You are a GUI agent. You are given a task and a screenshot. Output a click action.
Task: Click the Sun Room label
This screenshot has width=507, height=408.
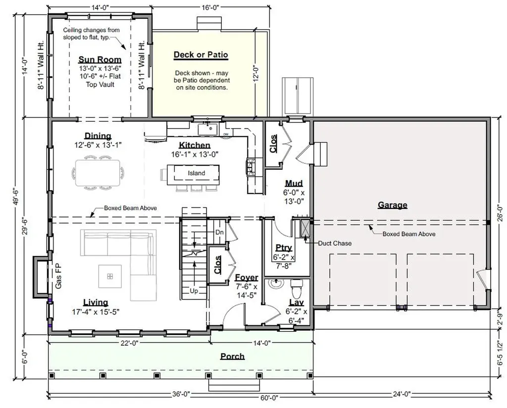coord(100,60)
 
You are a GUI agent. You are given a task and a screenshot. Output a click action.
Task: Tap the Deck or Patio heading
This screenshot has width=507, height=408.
coord(201,54)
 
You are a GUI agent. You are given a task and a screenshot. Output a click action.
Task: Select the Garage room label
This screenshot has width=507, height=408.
coord(393,205)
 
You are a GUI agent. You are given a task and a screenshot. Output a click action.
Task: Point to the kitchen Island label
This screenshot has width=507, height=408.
coord(197,173)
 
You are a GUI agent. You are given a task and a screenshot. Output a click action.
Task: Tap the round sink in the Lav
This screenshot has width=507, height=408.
coord(276,284)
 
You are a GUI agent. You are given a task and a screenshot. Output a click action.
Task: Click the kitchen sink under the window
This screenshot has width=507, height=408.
coord(208,129)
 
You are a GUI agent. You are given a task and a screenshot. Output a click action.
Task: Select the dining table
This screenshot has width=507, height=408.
coord(98,173)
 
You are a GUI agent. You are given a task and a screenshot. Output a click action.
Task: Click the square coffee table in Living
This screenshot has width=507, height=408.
coord(110,276)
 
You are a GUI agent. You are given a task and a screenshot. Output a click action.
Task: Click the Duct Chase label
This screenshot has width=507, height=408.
coord(335,243)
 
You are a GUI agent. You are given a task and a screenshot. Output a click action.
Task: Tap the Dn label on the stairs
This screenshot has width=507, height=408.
coord(219,232)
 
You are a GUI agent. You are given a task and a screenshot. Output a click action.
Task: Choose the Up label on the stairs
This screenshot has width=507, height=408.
coord(194,291)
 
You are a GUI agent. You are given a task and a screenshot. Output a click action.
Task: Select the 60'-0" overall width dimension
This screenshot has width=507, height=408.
coord(269,398)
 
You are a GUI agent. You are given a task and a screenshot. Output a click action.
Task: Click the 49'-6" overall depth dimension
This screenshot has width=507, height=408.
coord(16,197)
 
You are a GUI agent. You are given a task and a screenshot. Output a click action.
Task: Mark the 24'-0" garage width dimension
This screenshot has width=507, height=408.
coord(402,394)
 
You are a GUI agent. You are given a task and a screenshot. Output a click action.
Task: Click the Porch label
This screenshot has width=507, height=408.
coord(233,357)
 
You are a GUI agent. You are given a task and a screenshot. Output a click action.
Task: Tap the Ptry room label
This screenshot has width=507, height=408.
coord(284,248)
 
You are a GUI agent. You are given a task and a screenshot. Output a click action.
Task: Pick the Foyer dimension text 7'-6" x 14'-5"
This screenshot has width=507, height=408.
coord(246,291)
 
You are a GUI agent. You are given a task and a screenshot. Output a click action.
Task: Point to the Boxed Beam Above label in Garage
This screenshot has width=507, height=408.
coord(409,234)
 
